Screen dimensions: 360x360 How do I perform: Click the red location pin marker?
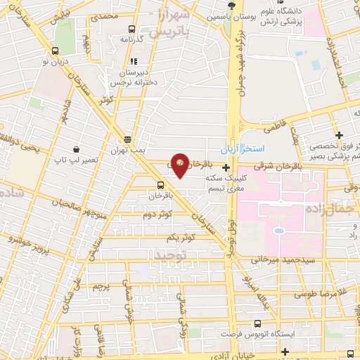tap(180, 165)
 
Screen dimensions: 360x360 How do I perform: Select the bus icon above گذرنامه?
tap(131, 30)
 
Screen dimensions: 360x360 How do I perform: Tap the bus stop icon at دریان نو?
tap(56, 51)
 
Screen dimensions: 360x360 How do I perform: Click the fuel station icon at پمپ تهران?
tap(127, 139)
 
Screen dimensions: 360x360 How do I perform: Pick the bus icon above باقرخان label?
tap(162, 186)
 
